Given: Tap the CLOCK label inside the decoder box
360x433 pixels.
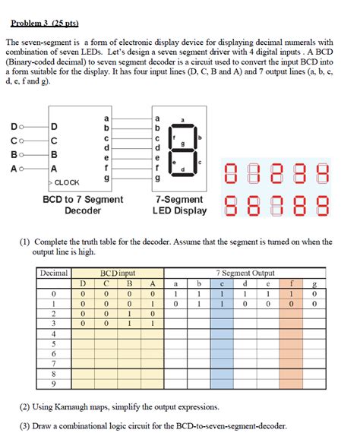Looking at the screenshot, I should point(67,182).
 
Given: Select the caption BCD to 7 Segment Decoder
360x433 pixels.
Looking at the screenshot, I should point(83,204).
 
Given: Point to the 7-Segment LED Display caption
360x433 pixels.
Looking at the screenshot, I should point(178,204).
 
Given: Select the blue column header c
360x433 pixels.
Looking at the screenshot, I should point(222,284).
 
